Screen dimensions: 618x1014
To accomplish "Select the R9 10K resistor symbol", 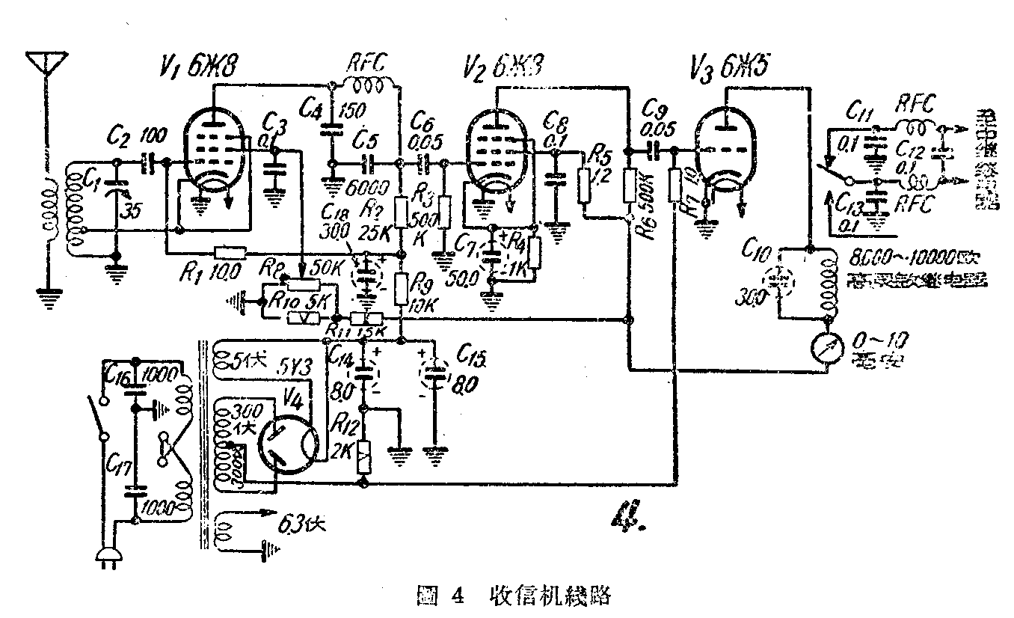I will click(x=402, y=288).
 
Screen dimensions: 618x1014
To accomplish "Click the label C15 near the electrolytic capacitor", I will click(x=470, y=352).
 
